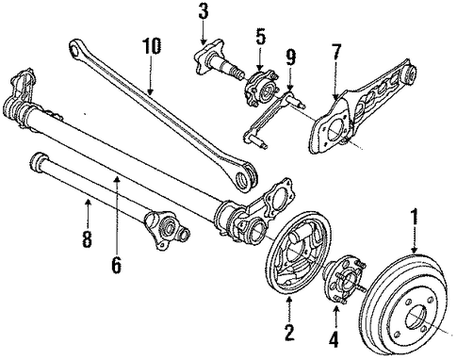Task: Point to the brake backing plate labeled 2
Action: (x=299, y=254)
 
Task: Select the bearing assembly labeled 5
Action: (x=261, y=88)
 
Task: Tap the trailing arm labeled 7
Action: (x=361, y=106)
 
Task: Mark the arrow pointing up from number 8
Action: (x=88, y=213)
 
